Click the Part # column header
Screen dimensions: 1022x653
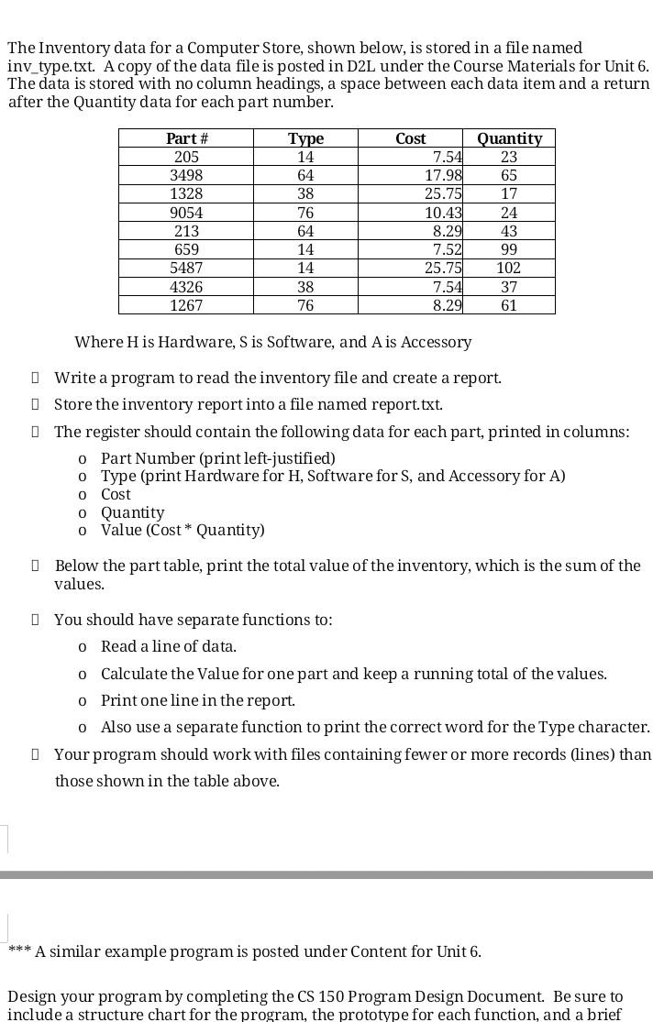186,138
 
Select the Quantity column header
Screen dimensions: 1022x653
509,138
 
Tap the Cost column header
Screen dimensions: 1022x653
410,138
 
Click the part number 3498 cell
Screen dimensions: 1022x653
186,175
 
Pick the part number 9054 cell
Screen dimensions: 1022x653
186,213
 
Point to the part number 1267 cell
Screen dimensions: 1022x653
186,305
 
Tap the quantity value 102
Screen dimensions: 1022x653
508,268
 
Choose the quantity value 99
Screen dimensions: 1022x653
508,249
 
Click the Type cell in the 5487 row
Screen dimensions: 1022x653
305,268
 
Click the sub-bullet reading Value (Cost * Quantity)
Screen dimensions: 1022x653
183,530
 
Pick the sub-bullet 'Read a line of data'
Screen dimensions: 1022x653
169,646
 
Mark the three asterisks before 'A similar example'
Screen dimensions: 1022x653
19,951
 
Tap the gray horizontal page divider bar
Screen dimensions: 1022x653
326,875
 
